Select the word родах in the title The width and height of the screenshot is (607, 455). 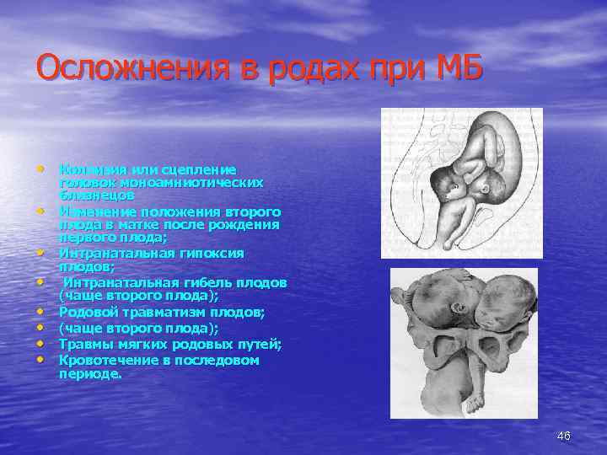(305, 67)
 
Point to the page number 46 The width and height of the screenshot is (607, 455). (564, 436)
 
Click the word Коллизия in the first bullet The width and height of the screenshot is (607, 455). (87, 170)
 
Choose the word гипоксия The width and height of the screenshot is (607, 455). (207, 253)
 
